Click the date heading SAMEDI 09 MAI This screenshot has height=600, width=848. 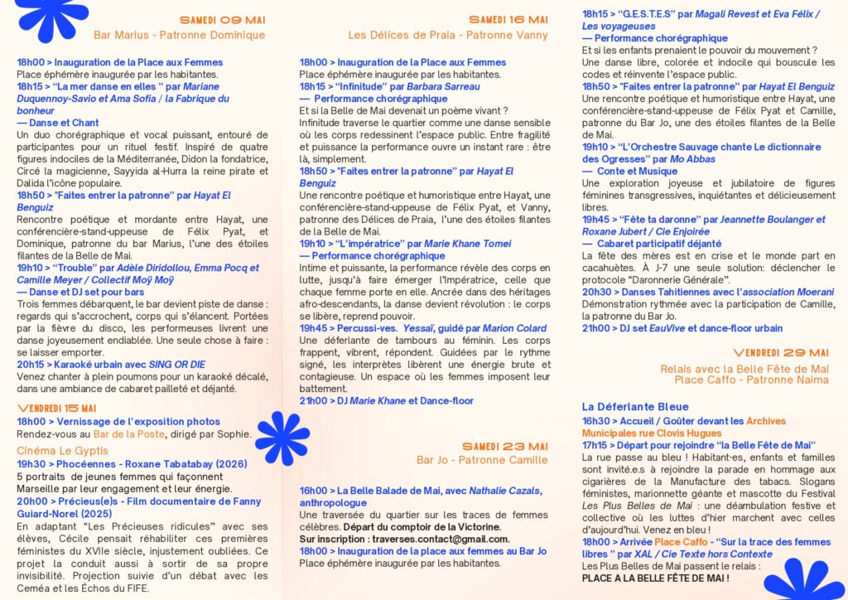(x=222, y=20)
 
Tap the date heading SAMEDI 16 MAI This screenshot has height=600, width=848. (x=508, y=20)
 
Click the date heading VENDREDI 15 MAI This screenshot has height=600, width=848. (x=56, y=409)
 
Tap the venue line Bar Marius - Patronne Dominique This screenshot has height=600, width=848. (x=179, y=35)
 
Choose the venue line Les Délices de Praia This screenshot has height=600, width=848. (x=448, y=35)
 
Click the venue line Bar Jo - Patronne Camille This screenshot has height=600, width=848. (x=482, y=460)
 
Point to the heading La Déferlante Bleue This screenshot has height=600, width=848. (x=624, y=407)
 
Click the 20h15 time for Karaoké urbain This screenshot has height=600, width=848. (x=31, y=364)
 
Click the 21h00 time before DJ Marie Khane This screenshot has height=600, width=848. (x=313, y=400)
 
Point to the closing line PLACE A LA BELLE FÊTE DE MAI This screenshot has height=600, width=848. (x=655, y=578)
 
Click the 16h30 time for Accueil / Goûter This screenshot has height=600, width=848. (x=595, y=421)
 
